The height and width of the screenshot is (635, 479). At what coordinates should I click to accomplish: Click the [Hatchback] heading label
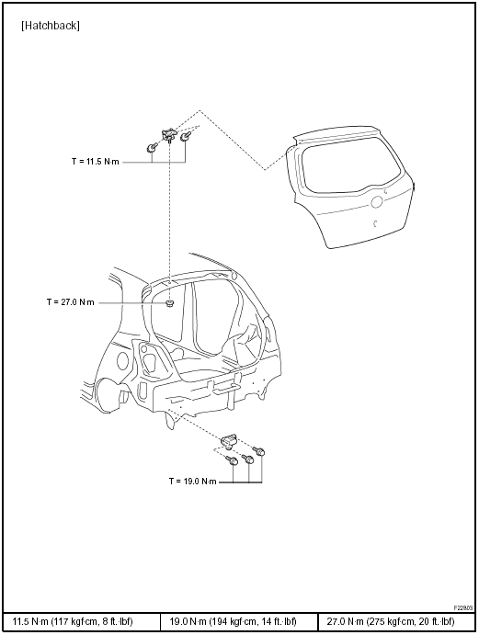[x=51, y=26]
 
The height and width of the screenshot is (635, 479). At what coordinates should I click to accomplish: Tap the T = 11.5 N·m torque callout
[x=96, y=162]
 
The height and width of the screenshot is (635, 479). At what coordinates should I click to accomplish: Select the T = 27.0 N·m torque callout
[x=71, y=302]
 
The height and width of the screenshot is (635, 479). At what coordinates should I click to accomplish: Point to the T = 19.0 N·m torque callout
[x=193, y=482]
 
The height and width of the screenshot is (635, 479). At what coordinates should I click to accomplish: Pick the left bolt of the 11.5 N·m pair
[x=152, y=148]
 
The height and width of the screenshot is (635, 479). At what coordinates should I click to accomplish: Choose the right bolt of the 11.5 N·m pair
[x=186, y=136]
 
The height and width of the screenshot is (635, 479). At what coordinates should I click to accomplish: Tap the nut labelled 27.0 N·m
[x=170, y=303]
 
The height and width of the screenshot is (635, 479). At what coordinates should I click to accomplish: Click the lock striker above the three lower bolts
[x=230, y=440]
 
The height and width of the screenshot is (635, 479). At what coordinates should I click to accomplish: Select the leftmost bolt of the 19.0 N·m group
[x=233, y=460]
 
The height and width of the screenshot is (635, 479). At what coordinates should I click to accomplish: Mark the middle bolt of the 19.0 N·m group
[x=248, y=459]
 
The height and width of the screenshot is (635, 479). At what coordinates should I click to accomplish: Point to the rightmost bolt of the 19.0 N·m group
[x=259, y=450]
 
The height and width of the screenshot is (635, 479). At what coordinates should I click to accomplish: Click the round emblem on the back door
[x=377, y=201]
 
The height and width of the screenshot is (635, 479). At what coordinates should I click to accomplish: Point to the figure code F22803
[x=463, y=607]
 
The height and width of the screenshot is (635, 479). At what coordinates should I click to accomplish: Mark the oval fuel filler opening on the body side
[x=122, y=359]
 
